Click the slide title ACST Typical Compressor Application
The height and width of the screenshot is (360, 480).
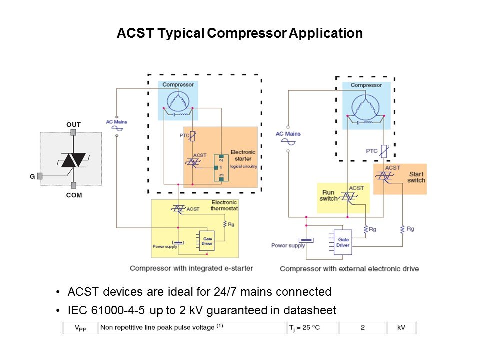pyautogui.click(x=239, y=34)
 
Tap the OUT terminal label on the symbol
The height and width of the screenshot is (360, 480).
pyautogui.click(x=73, y=124)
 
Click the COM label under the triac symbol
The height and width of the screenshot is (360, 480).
pyautogui.click(x=73, y=195)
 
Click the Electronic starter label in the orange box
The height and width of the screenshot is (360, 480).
pyautogui.click(x=243, y=155)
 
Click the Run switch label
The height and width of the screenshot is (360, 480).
pyautogui.click(x=329, y=195)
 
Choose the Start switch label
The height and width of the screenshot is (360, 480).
pyautogui.click(x=416, y=177)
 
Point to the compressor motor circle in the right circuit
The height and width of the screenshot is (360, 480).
pyautogui.click(x=366, y=106)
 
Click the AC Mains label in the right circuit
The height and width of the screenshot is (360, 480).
pyautogui.click(x=288, y=133)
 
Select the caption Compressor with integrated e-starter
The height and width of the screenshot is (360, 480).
pyautogui.click(x=191, y=268)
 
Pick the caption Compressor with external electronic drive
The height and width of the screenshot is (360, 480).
pyautogui.click(x=349, y=269)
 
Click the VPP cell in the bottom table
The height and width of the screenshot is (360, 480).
pyautogui.click(x=80, y=328)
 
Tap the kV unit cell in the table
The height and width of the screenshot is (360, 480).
pyautogui.click(x=401, y=328)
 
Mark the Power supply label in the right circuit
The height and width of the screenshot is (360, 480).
pyautogui.click(x=288, y=245)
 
